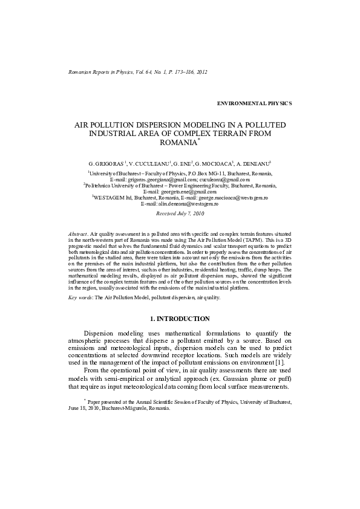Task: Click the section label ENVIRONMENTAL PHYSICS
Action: tap(254, 103)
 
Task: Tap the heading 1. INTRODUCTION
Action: tap(180, 318)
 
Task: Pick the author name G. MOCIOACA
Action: tap(212, 164)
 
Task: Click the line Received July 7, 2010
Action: tap(180, 214)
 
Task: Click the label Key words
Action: tap(80, 298)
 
